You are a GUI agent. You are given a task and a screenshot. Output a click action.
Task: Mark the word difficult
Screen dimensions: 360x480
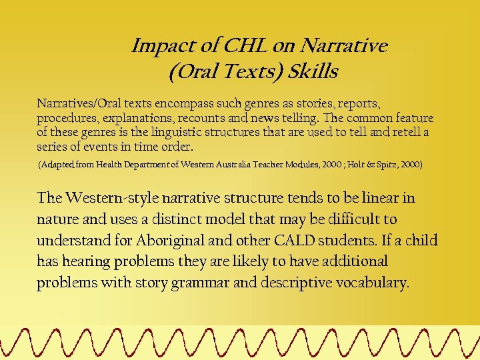pos(349,219)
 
